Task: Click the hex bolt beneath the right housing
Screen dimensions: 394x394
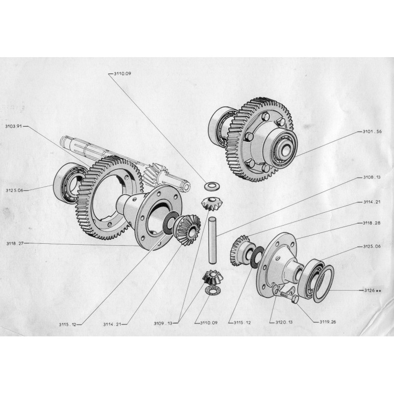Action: [288, 297]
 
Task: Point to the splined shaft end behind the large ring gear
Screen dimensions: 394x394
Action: [71, 143]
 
